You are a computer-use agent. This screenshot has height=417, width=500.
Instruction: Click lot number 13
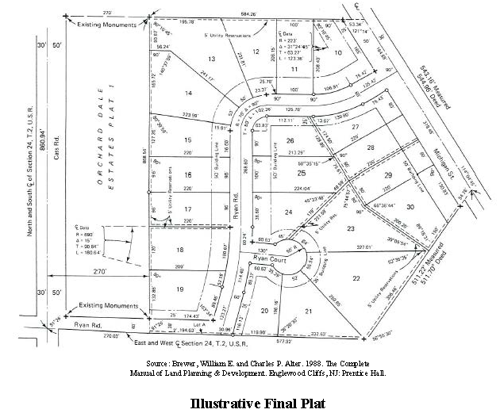coord(211,59)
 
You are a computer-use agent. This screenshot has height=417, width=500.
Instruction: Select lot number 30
coord(410,207)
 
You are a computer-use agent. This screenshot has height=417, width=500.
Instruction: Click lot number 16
coord(187,175)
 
